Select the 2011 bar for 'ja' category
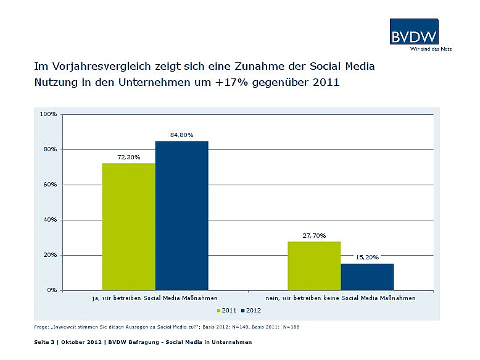point(129,226)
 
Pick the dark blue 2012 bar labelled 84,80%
point(182,216)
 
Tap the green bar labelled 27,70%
point(314,266)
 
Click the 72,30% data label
point(129,157)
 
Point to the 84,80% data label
point(182,135)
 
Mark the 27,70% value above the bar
point(314,235)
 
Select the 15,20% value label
point(367,257)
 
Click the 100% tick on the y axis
point(48,114)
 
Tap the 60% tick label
point(49,185)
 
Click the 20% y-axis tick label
point(49,255)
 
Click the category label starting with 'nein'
point(341,298)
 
